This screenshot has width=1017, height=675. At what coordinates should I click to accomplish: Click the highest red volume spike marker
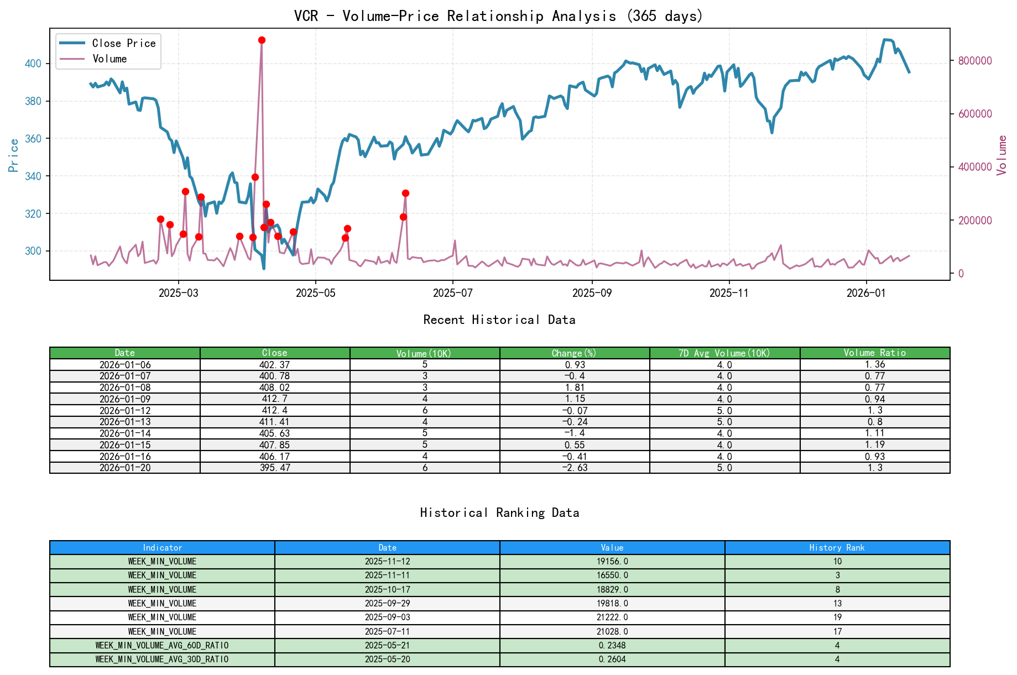(x=262, y=40)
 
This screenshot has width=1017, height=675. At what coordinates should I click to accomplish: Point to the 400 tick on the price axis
(x=33, y=64)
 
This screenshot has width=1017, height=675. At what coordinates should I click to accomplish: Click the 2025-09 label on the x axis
(x=592, y=293)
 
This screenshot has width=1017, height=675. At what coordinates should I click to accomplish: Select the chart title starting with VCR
(x=498, y=16)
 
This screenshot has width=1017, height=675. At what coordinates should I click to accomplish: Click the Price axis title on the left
(x=14, y=155)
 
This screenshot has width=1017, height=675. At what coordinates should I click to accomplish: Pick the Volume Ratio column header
(x=874, y=353)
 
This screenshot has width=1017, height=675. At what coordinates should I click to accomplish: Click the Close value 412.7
(x=274, y=399)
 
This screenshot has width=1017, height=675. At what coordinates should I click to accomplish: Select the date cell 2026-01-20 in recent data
(x=125, y=468)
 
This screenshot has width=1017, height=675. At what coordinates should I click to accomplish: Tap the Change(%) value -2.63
(x=575, y=468)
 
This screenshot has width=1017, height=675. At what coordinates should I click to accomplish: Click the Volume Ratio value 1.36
(x=874, y=365)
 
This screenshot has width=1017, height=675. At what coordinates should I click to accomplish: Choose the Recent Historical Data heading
(x=499, y=320)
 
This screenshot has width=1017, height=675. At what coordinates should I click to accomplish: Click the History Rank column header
(x=837, y=548)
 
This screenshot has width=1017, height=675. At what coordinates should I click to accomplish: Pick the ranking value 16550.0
(x=612, y=575)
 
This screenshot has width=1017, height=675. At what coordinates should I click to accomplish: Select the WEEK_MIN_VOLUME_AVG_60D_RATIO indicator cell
(x=162, y=646)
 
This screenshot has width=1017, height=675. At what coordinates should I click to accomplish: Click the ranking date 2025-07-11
(x=387, y=632)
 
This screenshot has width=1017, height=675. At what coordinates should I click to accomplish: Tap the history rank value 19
(x=837, y=618)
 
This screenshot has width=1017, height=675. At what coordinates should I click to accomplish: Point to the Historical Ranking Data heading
(x=499, y=513)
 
